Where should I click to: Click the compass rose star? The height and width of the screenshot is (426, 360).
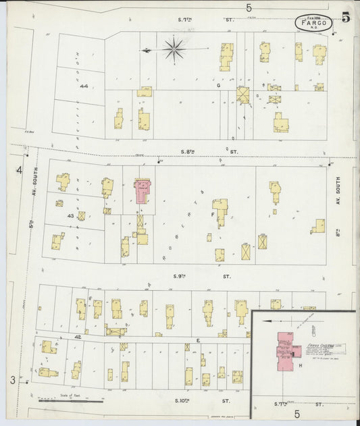click(174, 49)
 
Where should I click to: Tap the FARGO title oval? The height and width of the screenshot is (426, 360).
click(314, 24)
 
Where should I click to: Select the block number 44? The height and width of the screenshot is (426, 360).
click(84, 86)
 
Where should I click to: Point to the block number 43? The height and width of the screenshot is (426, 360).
click(70, 215)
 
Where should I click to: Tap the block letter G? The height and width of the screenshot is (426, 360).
click(219, 86)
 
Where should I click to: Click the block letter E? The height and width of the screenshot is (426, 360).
click(199, 340)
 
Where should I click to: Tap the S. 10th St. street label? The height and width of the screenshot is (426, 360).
click(192, 400)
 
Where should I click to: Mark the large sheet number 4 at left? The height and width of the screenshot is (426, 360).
click(20, 169)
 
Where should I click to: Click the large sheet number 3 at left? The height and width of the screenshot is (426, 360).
click(13, 380)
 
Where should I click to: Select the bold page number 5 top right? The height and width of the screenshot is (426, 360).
click(346, 18)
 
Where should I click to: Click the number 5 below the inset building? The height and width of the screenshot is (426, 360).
click(297, 414)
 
